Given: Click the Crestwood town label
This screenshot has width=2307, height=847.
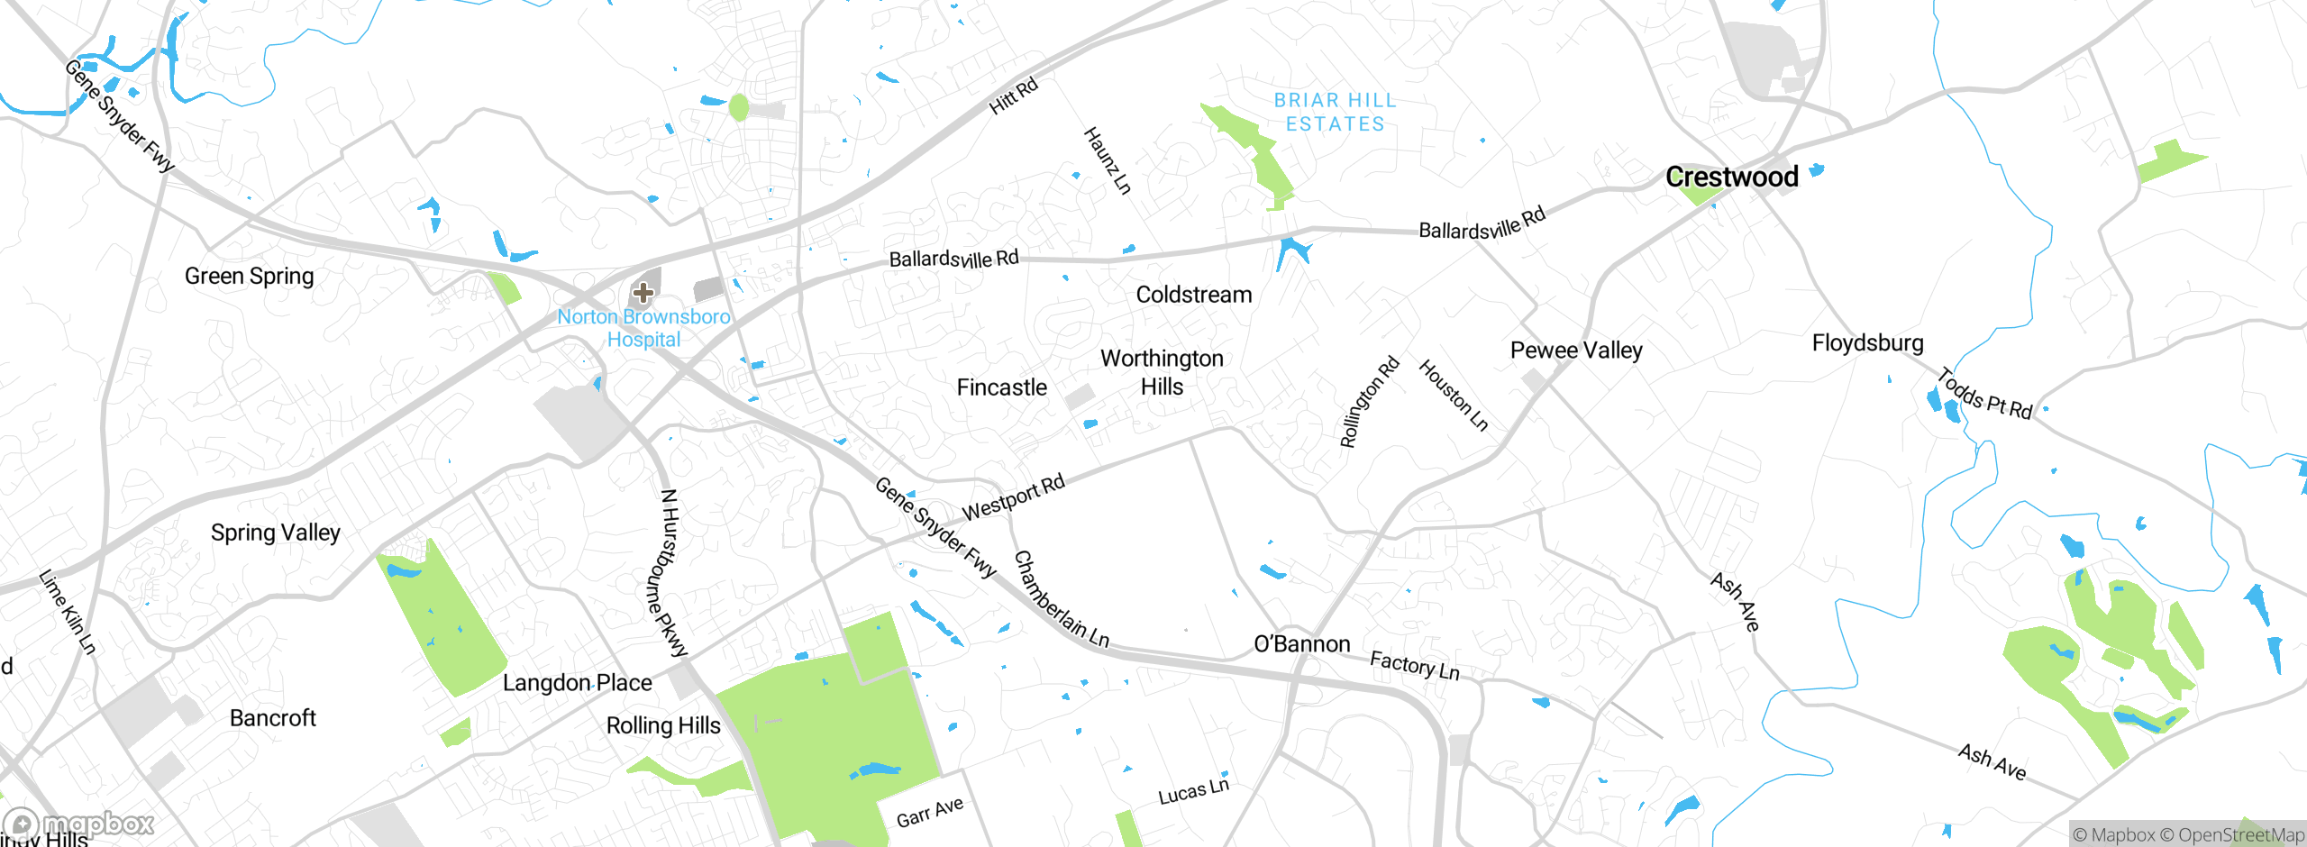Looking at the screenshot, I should tap(1731, 177).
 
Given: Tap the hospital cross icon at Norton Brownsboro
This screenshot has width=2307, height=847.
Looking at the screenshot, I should tap(643, 292).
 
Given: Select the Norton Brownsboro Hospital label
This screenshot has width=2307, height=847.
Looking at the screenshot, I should tap(643, 328).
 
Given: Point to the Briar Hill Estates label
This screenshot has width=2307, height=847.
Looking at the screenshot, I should tap(1335, 113).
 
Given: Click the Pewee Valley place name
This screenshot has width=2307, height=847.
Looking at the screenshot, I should tap(1576, 350).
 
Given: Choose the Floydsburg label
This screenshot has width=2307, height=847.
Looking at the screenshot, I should tap(1867, 342).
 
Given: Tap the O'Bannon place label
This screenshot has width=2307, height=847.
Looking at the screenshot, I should tap(1301, 643).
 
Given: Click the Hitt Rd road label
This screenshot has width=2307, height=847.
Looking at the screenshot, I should tap(1014, 96).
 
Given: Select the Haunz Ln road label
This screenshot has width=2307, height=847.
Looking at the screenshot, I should tap(1107, 160).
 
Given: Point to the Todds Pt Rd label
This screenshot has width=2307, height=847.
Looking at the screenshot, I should tap(1985, 396).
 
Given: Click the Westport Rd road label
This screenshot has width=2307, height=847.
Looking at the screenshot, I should tap(1014, 497).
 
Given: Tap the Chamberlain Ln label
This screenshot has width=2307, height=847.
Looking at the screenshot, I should tap(1061, 600).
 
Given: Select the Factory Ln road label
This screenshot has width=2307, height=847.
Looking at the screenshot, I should tap(1414, 666).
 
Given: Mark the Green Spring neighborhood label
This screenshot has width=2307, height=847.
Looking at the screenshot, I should tap(249, 276).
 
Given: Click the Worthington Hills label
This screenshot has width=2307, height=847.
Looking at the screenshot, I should tap(1162, 372).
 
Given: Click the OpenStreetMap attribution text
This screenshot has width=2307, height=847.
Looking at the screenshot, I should tap(2239, 835).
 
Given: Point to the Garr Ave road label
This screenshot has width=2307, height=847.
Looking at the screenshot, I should tap(929, 812).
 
